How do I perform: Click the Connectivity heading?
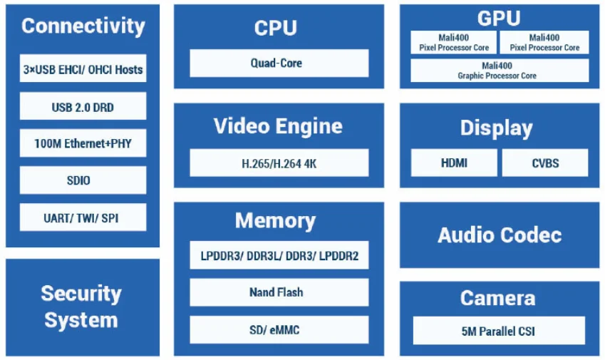pyautogui.click(x=83, y=26)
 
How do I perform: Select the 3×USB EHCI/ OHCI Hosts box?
pyautogui.click(x=83, y=69)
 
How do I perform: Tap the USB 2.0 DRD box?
pyautogui.click(x=83, y=107)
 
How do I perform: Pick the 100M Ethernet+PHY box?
pyautogui.click(x=83, y=143)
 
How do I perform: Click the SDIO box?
pyautogui.click(x=83, y=180)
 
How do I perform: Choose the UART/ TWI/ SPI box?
pyautogui.click(x=83, y=217)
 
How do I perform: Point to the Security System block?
pyautogui.click(x=82, y=307)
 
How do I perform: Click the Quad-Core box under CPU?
pyautogui.click(x=279, y=63)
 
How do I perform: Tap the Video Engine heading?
pyautogui.click(x=278, y=126)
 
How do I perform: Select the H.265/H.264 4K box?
pyautogui.click(x=279, y=163)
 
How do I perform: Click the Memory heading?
pyautogui.click(x=275, y=220)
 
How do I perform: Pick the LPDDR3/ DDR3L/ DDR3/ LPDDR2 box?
pyautogui.click(x=279, y=255)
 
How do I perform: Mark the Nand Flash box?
pyautogui.click(x=279, y=292)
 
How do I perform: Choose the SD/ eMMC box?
pyautogui.click(x=279, y=329)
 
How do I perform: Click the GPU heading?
pyautogui.click(x=499, y=17)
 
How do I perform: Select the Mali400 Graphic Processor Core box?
pyautogui.click(x=499, y=71)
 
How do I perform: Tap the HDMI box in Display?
pyautogui.click(x=454, y=163)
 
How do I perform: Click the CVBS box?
pyautogui.click(x=545, y=163)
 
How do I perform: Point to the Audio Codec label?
pyautogui.click(x=499, y=235)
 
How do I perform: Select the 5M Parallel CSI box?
pyautogui.click(x=499, y=331)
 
